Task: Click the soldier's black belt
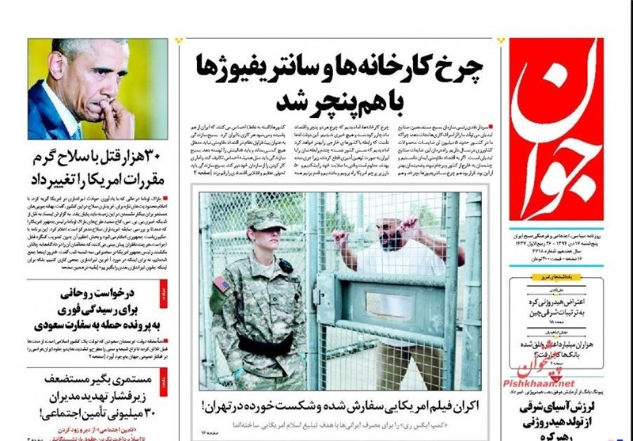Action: [x=264, y=346]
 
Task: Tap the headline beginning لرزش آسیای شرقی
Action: [x=566, y=407]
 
